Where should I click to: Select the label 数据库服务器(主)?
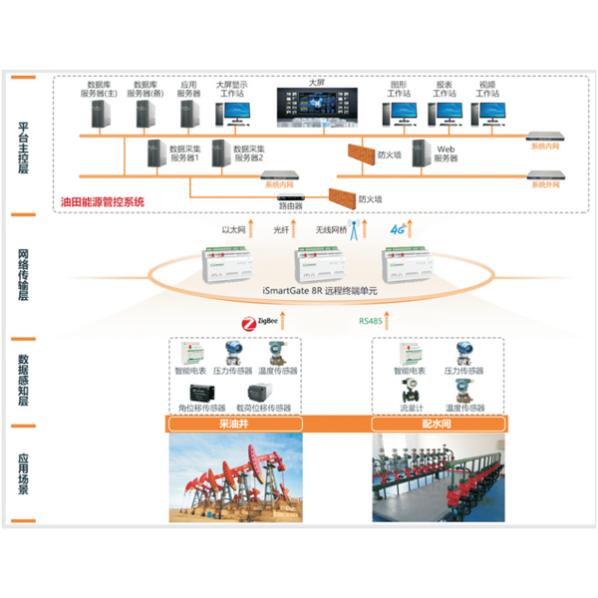click(x=100, y=90)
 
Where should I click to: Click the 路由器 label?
click(x=291, y=206)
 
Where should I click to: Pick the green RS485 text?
click(x=373, y=322)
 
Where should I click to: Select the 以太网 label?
click(x=233, y=229)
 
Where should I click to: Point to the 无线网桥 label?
click(x=331, y=229)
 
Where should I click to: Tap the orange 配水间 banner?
click(x=438, y=424)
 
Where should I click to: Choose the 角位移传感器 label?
click(x=204, y=407)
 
